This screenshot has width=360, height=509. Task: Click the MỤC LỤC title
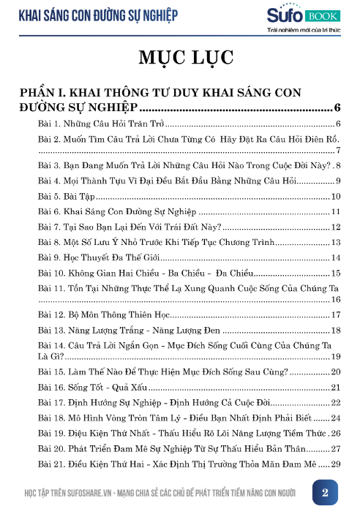(x=180, y=58)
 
